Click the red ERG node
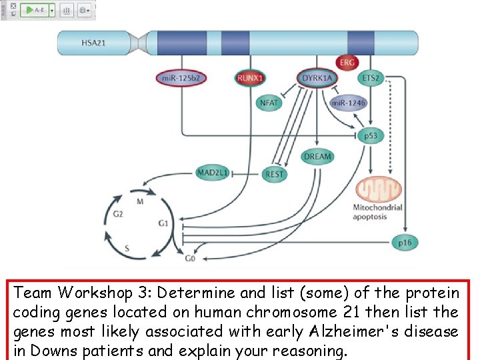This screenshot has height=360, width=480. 347,63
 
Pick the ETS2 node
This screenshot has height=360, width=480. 371,79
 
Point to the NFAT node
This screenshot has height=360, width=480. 269,103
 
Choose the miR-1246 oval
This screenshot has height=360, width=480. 348,103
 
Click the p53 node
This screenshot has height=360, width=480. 371,135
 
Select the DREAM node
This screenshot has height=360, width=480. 317,157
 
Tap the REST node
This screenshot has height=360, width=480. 274,174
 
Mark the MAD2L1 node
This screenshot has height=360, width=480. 213,173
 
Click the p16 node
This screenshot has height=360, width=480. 405,243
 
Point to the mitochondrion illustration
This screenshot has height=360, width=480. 379,189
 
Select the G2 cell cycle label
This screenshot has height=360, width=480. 117,214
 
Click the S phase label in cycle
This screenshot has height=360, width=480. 127,247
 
